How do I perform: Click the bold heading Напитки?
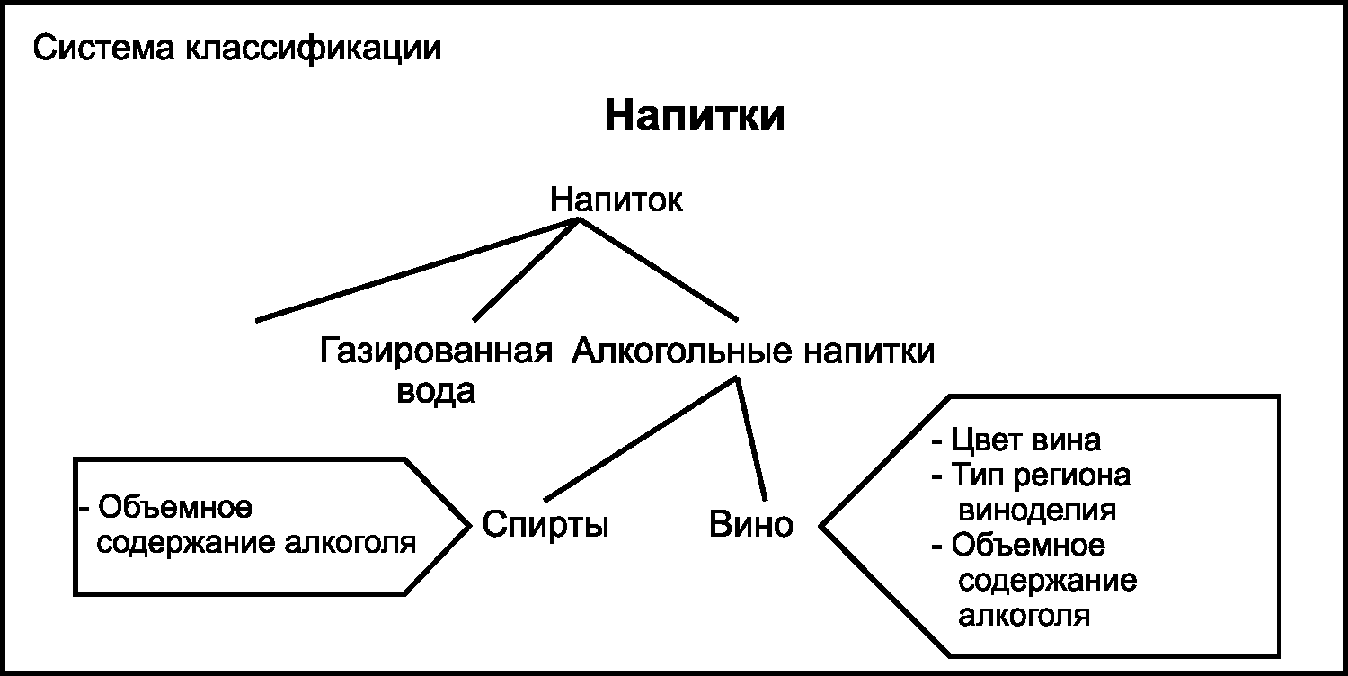694,118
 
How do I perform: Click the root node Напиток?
616,200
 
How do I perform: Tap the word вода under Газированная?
436,391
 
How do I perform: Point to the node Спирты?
545,524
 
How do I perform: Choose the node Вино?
751,524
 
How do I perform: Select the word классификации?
314,48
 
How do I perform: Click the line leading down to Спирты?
640,439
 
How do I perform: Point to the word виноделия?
1038,511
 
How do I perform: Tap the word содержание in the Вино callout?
1048,581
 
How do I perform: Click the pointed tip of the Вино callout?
820,525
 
